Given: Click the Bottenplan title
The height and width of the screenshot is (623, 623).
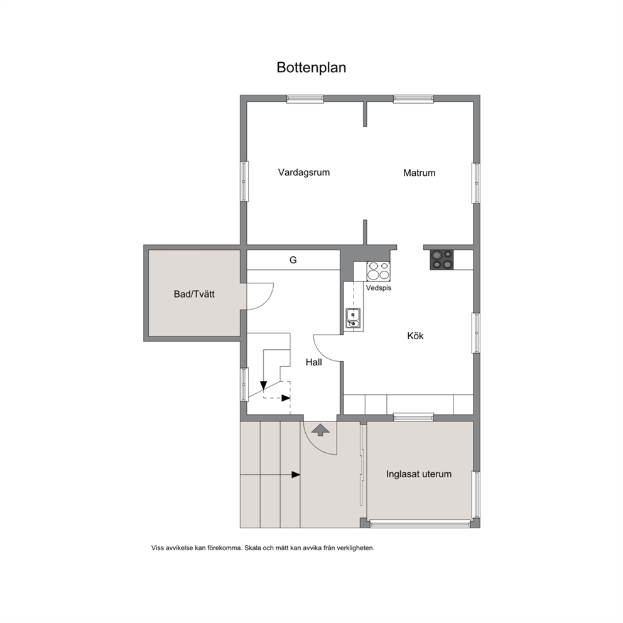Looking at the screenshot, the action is point(311,68).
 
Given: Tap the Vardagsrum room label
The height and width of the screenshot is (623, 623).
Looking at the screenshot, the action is point(303,173).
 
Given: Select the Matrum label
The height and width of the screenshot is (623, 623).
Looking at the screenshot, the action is point(419,173).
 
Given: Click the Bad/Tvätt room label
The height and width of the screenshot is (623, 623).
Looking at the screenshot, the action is point(194,294).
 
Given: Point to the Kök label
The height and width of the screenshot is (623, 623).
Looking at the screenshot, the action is point(415,336).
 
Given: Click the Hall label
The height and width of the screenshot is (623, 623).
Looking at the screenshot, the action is point(313,362).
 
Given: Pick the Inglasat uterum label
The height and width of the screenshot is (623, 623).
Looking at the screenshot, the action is point(419,474).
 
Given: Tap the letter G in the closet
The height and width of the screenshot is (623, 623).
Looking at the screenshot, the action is point(293,260).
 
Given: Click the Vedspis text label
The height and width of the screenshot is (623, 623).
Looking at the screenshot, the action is point(379,288).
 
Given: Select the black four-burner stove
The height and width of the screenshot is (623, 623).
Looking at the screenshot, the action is point(442,260).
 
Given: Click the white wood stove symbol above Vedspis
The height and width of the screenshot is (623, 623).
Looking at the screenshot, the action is point(378,271).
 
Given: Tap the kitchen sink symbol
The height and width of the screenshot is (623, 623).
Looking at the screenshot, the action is point(353,319).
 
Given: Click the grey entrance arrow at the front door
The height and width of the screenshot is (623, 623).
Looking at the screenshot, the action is point(320,430).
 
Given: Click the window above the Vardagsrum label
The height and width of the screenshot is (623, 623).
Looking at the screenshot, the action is point(305,99).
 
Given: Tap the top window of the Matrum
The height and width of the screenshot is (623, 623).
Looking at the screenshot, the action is point(413,99).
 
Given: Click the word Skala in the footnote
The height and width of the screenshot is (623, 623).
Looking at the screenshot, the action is point(252,548).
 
